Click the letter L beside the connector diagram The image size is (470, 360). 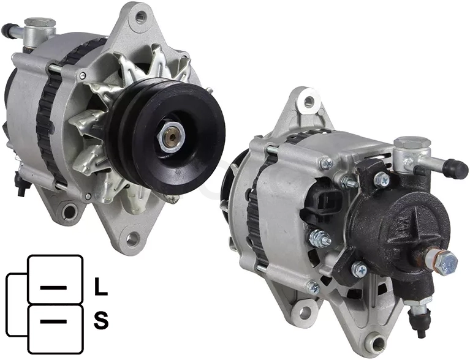click(x=100, y=287)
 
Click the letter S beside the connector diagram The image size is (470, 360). click(x=101, y=320)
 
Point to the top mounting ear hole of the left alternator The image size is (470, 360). click(x=139, y=18)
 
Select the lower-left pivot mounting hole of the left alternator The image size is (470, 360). click(x=70, y=212)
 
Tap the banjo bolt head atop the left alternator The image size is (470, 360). click(x=40, y=23)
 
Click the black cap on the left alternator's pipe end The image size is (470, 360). click(x=7, y=29)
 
